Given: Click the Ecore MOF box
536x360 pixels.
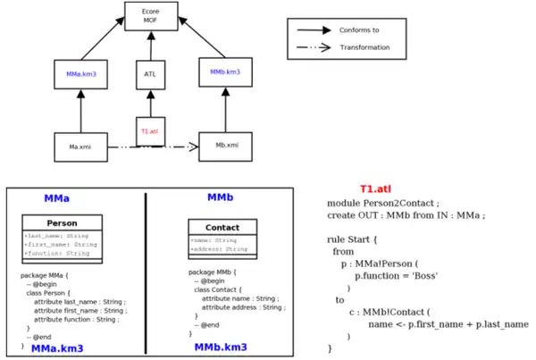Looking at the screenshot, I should point(150,17).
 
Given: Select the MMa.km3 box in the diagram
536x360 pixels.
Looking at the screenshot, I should point(81,72).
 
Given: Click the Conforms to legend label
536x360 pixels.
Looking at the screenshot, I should point(361,30).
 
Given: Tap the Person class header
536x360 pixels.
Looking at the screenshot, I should point(63,222).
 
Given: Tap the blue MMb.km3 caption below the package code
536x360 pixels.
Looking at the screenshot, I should point(222,347).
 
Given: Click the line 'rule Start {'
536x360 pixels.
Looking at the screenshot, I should point(356,239).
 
